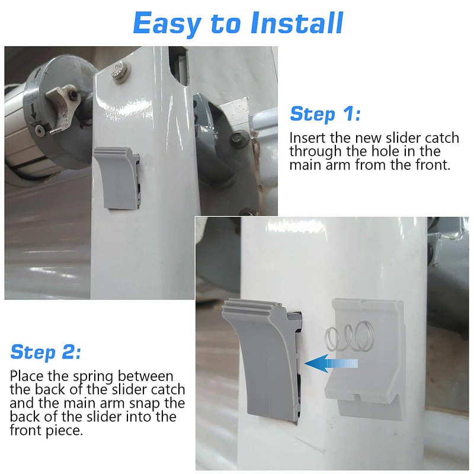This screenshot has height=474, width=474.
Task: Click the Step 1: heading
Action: click(x=325, y=114)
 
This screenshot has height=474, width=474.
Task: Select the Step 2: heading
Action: click(x=46, y=353)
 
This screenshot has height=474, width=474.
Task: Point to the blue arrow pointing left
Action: click(x=331, y=363)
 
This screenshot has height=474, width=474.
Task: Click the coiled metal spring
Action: click(x=350, y=336)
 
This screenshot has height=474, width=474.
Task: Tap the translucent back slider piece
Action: click(x=366, y=360)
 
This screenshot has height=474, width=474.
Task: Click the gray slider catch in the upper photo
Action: click(x=117, y=178)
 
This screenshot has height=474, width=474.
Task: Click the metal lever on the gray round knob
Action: click(x=63, y=107)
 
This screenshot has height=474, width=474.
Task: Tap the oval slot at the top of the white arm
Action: click(x=178, y=65)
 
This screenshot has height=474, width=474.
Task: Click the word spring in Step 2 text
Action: click(x=94, y=377)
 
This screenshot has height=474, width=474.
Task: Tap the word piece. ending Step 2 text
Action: click(x=64, y=431)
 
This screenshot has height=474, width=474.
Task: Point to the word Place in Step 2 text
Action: click(x=27, y=376)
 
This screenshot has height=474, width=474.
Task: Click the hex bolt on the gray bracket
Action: click(x=239, y=138)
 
